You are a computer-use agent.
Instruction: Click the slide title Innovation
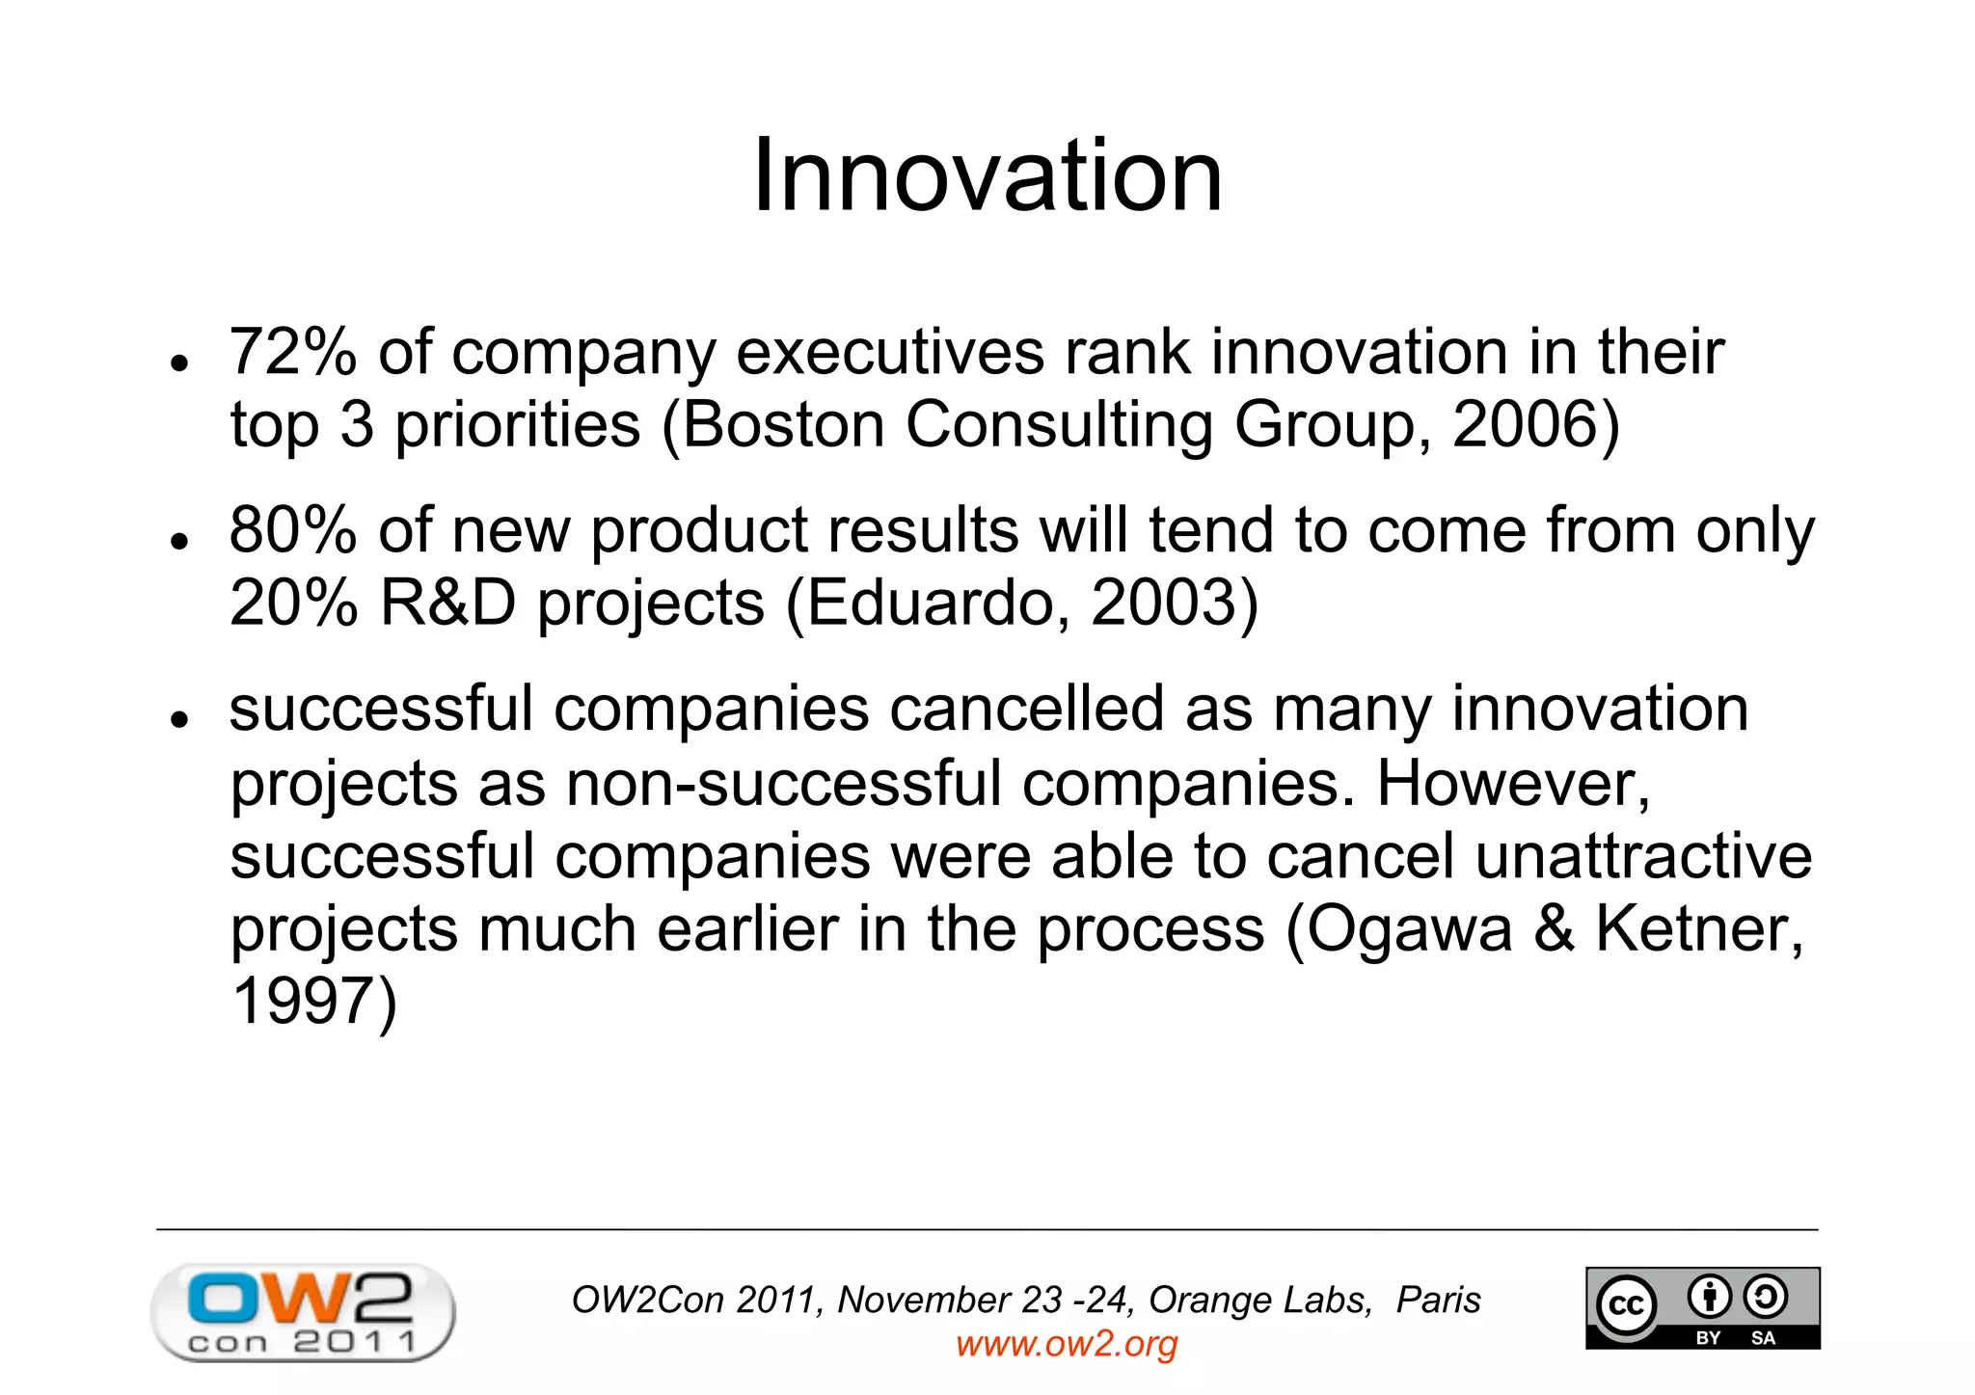(x=987, y=175)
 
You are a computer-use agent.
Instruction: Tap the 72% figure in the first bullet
(x=292, y=352)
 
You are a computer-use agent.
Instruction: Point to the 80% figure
(x=292, y=530)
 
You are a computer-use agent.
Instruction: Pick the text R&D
(x=447, y=604)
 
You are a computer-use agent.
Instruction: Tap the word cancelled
(x=1026, y=710)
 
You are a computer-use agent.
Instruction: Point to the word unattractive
(x=1643, y=856)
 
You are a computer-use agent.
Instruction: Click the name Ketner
(x=1698, y=929)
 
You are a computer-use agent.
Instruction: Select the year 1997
(x=302, y=1002)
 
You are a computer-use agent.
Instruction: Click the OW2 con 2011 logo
(x=302, y=1312)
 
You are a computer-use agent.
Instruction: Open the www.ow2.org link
(x=1067, y=1344)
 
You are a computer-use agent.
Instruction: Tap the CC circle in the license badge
(x=1627, y=1306)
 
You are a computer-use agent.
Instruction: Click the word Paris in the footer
(x=1438, y=1301)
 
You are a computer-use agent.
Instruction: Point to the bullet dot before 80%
(x=177, y=541)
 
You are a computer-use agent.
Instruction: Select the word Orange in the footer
(x=1201, y=1301)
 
